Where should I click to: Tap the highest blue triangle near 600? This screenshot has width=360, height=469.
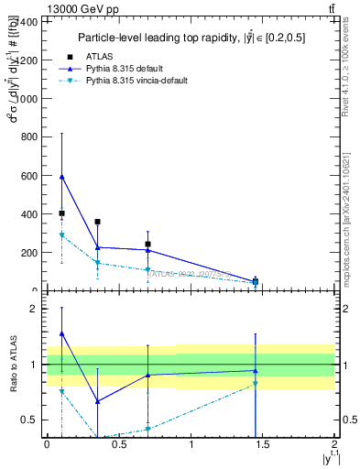61,176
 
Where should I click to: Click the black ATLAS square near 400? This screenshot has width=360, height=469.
61,213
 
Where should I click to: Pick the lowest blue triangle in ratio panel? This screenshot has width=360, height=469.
97,401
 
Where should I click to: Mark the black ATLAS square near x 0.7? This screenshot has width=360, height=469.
147,245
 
